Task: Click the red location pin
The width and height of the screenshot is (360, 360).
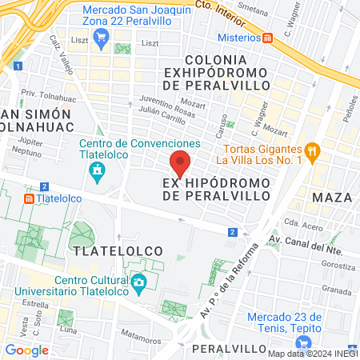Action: coord(181,164)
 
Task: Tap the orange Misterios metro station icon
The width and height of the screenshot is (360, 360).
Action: coord(268,37)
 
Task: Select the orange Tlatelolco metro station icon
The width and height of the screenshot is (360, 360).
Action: coord(29,198)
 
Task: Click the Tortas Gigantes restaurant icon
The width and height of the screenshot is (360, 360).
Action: coord(314,150)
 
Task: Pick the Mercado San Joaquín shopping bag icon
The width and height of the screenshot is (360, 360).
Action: coord(101,37)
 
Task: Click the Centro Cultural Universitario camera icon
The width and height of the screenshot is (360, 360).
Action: coord(139,282)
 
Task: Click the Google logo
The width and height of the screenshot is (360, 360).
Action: coord(27,350)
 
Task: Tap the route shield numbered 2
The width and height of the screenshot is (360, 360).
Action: coord(232,232)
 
